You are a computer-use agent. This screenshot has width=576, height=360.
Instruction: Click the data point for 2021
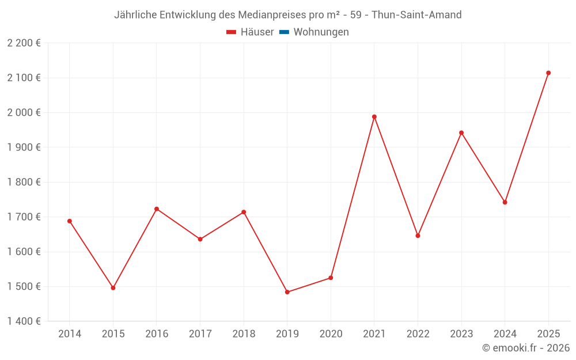(x=374, y=117)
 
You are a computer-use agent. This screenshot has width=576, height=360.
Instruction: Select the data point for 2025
(x=548, y=73)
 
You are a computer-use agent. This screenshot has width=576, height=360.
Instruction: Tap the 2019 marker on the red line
(x=287, y=292)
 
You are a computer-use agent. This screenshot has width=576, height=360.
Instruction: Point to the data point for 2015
(x=113, y=288)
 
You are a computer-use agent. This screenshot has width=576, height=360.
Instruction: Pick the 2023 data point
(x=461, y=133)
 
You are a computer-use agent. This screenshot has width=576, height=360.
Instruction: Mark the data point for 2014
(x=70, y=221)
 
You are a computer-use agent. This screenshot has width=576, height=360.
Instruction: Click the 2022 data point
(x=418, y=236)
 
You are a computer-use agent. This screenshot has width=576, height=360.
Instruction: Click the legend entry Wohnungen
(x=321, y=32)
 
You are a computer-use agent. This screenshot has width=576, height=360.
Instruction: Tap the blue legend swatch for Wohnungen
(x=284, y=32)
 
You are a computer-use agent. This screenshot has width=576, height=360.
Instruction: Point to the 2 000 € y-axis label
(x=24, y=112)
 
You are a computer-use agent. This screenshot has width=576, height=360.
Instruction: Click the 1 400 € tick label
(x=24, y=321)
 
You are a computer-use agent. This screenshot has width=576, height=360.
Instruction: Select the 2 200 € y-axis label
(x=24, y=43)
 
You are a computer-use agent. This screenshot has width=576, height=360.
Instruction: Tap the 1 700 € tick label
(x=24, y=217)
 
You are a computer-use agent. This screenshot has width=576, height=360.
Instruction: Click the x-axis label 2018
(x=244, y=334)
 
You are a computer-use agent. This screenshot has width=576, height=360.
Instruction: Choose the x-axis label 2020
(x=331, y=334)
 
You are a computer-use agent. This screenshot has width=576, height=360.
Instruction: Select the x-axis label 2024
(x=505, y=334)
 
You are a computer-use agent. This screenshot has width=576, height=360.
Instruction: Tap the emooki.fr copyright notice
(x=526, y=348)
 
